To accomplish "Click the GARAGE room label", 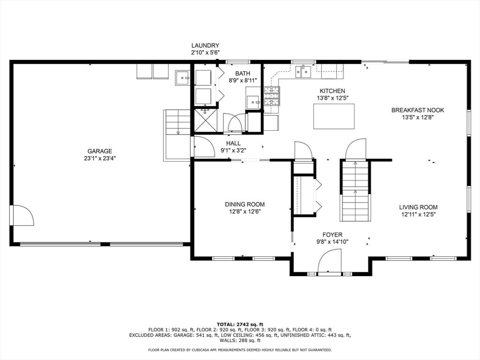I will [x=99, y=151].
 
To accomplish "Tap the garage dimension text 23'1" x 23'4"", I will [x=99, y=158].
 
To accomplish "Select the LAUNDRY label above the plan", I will [x=205, y=45].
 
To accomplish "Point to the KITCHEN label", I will [x=332, y=91].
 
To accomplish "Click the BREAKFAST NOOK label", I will [x=418, y=110].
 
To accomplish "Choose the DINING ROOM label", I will [x=245, y=204].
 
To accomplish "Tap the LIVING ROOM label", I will [x=418, y=207].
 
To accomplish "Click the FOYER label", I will [x=332, y=235].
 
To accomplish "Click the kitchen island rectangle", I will [x=334, y=116].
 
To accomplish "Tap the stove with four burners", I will [x=272, y=96].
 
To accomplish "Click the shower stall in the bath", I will [x=205, y=120].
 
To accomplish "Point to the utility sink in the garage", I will [x=182, y=78].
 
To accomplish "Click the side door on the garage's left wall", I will [x=22, y=216].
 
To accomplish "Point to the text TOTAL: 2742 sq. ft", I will [x=240, y=324].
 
